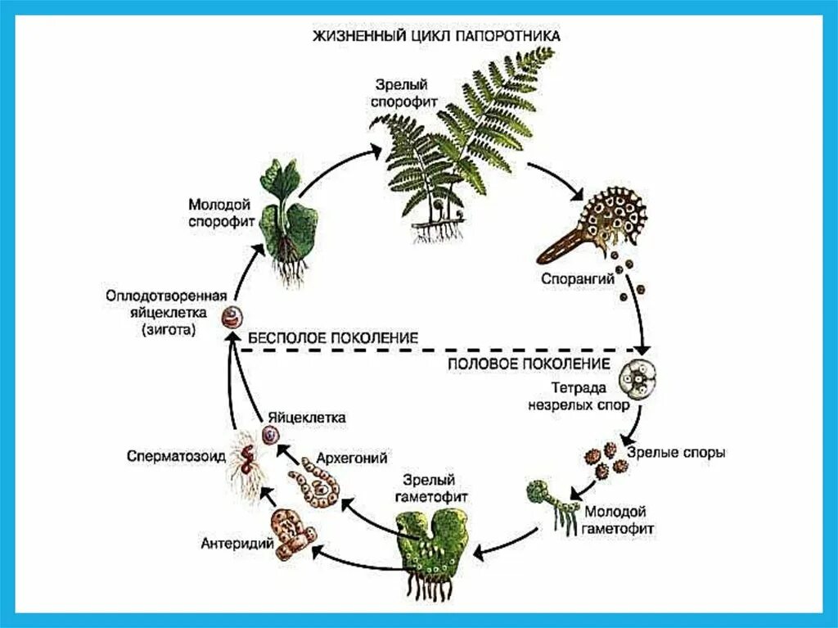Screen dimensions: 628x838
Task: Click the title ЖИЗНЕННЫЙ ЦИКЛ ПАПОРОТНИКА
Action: coord(435,37)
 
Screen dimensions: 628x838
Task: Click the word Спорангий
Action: coord(578,278)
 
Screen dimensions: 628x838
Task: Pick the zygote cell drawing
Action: coord(237,316)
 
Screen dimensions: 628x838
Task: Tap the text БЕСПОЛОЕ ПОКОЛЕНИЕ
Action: coord(333,337)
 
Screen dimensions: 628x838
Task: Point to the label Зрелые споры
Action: coord(676,452)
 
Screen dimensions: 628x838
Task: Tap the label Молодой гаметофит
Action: coord(619,519)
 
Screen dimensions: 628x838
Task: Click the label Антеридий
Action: coord(236,542)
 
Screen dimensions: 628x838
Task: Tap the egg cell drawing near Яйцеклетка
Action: coord(269,436)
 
